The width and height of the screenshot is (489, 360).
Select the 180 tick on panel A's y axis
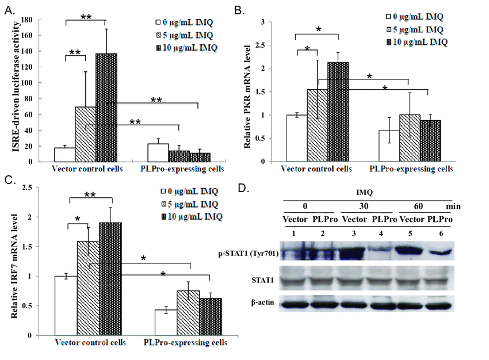coord(25,20)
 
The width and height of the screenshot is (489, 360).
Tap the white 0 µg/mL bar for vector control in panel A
coord(64,155)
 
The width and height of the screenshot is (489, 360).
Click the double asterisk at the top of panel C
coord(90,195)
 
